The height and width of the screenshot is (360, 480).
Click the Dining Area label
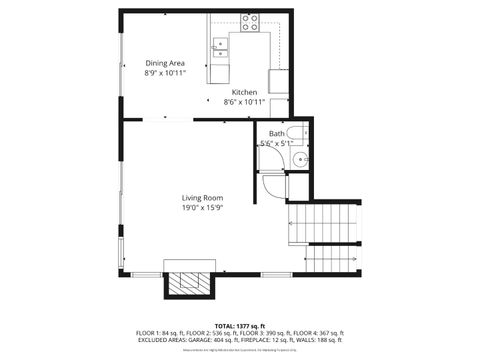tap(164, 62)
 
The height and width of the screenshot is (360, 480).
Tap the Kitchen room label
tap(245, 92)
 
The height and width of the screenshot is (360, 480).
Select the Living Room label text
tap(201, 197)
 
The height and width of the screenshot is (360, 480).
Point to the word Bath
tap(275, 133)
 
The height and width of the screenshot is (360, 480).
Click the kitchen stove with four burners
tap(249, 21)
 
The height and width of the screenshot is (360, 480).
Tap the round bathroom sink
tap(298, 158)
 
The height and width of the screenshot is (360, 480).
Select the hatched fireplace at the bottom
tap(189, 284)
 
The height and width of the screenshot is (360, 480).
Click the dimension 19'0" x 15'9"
tap(201, 208)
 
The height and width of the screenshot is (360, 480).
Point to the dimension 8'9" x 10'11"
tap(164, 73)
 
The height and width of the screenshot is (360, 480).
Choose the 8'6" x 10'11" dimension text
tap(245, 102)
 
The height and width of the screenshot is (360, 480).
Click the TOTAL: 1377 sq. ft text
tap(239, 326)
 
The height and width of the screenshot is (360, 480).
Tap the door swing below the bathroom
tap(273, 187)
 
